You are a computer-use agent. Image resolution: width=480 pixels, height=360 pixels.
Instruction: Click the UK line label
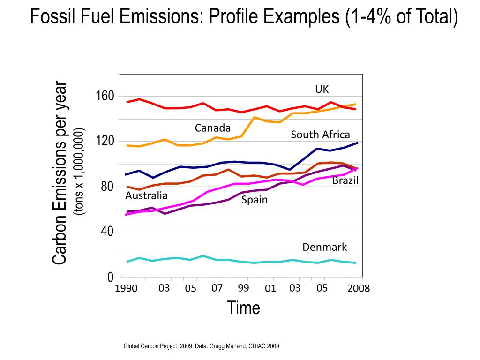[x=322, y=90]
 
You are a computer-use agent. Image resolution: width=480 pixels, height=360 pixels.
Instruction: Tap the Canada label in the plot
[x=213, y=128]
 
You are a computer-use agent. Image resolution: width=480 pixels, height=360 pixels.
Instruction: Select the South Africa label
[x=320, y=135]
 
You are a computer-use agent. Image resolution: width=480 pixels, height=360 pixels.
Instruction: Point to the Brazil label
[x=345, y=180]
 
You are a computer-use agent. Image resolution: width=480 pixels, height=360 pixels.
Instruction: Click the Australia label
[x=146, y=195]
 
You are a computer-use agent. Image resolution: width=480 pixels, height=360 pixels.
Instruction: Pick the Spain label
[x=255, y=200]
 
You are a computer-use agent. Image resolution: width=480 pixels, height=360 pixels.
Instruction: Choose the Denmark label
[x=324, y=247]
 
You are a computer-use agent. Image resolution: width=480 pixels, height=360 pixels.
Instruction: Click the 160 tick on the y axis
[x=105, y=96]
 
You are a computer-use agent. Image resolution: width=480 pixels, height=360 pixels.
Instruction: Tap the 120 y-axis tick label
[x=105, y=141]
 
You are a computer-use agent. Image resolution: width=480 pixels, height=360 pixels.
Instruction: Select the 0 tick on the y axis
[x=110, y=277]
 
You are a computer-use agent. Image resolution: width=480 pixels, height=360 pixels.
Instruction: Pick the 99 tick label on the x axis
[x=243, y=288]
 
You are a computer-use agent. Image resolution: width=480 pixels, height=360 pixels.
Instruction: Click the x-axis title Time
[x=243, y=308]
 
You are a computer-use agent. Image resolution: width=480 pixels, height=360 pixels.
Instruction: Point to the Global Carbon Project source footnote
[x=201, y=346]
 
